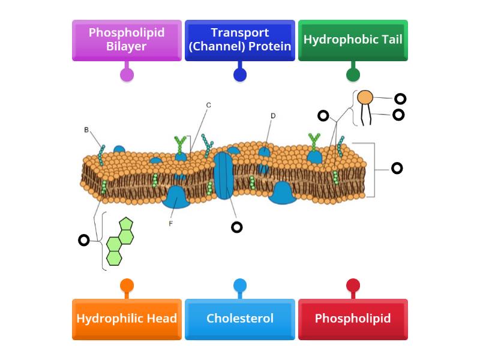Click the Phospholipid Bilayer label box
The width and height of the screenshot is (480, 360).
(127, 40)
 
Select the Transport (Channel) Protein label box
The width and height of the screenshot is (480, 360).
(239, 40)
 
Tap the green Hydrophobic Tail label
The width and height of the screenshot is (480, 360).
(353, 40)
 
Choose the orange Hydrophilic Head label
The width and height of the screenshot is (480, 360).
(127, 319)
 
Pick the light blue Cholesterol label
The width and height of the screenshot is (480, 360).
(239, 319)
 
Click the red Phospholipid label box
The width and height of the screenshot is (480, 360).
(353, 319)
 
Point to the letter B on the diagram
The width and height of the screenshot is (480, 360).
(86, 130)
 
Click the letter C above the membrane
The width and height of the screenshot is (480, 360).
(208, 106)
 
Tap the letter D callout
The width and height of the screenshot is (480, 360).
(273, 116)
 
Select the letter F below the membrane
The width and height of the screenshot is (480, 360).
(171, 223)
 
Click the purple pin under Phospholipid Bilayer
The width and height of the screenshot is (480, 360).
(127, 75)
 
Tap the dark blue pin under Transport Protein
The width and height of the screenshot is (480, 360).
(239, 75)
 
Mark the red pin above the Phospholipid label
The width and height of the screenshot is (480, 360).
(353, 285)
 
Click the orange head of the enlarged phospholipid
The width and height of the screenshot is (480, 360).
(365, 97)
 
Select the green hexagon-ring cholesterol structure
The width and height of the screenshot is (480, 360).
(120, 242)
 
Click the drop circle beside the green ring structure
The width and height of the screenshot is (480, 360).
(84, 241)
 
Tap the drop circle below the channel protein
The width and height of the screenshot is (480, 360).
(237, 227)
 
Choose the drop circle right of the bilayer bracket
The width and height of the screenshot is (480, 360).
(397, 168)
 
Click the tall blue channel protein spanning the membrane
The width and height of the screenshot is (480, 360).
(224, 175)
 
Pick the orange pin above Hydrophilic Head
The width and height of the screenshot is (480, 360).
(127, 285)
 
